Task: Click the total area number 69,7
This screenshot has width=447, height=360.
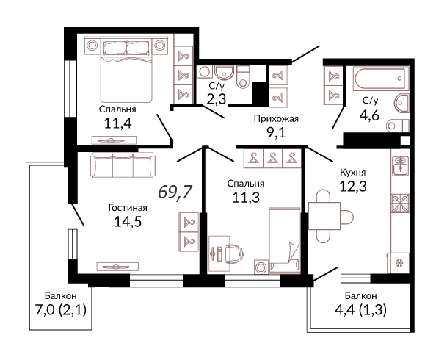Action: pyautogui.click(x=175, y=192)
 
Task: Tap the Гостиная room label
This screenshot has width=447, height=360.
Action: pyautogui.click(x=128, y=208)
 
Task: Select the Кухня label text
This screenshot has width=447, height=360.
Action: pyautogui.click(x=352, y=173)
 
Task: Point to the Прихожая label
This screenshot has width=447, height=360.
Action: pyautogui.click(x=276, y=119)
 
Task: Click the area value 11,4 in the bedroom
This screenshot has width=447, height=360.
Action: pyautogui.click(x=117, y=123)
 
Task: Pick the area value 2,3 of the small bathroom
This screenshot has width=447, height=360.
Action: pyautogui.click(x=217, y=100)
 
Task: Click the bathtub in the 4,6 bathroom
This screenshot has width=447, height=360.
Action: pyautogui.click(x=379, y=79)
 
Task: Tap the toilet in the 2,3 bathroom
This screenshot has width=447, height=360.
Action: pyautogui.click(x=243, y=76)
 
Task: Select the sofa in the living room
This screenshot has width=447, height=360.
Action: pyautogui.click(x=123, y=165)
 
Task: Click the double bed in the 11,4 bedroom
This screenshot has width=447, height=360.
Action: pyautogui.click(x=126, y=71)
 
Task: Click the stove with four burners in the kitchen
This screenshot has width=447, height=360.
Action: pyautogui.click(x=400, y=203)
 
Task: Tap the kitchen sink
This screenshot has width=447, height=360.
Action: pyautogui.click(x=400, y=165)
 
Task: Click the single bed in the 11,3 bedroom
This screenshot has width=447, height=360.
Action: pyautogui.click(x=285, y=240)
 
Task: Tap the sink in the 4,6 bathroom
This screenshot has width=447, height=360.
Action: pyautogui.click(x=402, y=104)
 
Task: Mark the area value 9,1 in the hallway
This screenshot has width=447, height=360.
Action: pyautogui.click(x=276, y=133)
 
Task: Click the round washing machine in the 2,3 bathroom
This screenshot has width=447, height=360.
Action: pyautogui.click(x=204, y=72)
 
